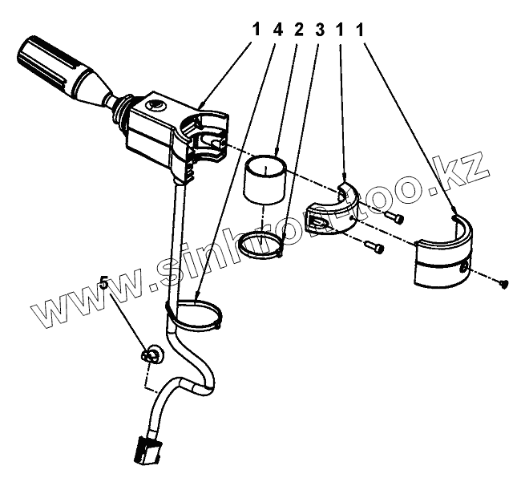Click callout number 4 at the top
click(277, 30)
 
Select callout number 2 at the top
click(299, 30)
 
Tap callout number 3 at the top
click(320, 30)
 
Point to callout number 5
click(103, 282)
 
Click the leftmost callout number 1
click(256, 30)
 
